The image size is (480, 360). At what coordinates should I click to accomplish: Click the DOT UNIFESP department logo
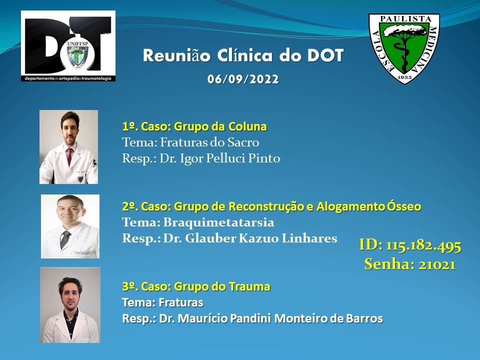[68, 46]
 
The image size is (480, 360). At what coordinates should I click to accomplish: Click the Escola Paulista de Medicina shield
[404, 48]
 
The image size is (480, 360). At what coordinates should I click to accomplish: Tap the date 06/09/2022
[243, 79]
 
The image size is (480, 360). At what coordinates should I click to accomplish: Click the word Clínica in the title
[244, 55]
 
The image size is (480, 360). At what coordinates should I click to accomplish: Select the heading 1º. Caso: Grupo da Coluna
[194, 126]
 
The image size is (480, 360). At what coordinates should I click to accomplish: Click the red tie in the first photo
[69, 156]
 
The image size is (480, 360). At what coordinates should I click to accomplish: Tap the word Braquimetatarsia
[218, 222]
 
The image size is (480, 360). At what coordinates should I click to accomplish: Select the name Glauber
[210, 238]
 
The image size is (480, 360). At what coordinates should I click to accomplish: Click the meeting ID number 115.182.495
[423, 245]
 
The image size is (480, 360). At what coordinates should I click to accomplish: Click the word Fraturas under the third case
[180, 302]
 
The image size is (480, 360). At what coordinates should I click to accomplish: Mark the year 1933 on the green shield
[404, 77]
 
